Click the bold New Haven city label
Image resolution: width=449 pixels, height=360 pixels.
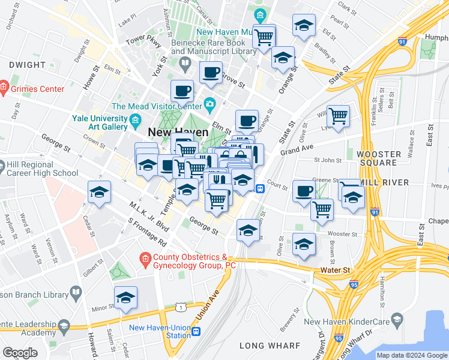point(178,133)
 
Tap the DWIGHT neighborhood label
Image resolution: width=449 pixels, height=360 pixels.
point(27,65)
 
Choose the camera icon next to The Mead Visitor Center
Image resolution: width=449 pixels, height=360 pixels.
point(209,104)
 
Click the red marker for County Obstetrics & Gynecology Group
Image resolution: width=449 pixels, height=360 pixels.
point(144,260)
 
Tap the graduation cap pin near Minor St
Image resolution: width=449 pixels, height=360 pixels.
point(125,298)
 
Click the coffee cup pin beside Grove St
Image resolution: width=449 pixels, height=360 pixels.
point(211,73)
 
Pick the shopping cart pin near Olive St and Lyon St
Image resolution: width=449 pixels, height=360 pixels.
point(339,115)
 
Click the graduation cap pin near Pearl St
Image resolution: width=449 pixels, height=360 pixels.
point(304,25)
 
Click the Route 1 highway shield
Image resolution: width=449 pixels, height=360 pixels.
point(179,307)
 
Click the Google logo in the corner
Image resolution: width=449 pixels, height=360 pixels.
point(20,353)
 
